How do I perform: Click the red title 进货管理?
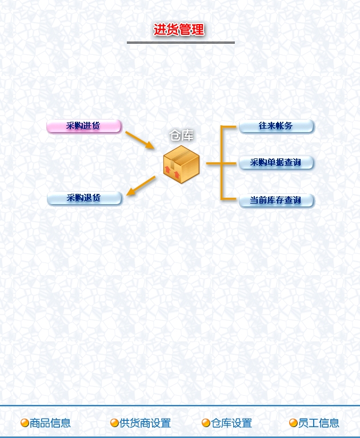click(x=179, y=30)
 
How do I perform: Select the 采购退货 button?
click(x=85, y=198)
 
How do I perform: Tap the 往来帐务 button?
click(x=276, y=126)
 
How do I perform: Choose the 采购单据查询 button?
click(x=276, y=162)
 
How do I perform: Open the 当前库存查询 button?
click(x=276, y=201)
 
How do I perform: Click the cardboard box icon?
click(x=181, y=164)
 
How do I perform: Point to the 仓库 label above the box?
click(x=181, y=136)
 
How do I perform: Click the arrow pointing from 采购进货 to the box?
click(x=140, y=140)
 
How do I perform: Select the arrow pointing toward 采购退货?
click(x=141, y=186)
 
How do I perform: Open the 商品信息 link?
click(x=50, y=423)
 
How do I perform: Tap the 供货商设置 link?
click(x=145, y=423)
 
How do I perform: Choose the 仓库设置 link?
click(x=231, y=423)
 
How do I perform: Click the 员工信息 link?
click(x=318, y=423)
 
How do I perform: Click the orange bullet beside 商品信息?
click(x=25, y=423)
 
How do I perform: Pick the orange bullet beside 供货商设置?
click(x=114, y=423)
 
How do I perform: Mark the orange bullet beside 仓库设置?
click(x=206, y=423)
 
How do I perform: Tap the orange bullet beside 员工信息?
click(x=293, y=423)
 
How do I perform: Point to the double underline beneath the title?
click(x=181, y=43)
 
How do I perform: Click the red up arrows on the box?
click(x=172, y=172)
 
